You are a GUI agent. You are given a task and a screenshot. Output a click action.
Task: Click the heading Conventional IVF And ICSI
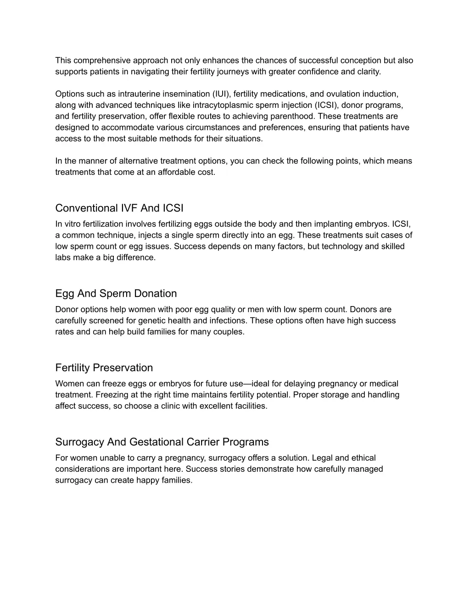(119, 208)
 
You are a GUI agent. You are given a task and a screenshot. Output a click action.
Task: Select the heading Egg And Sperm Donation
(116, 294)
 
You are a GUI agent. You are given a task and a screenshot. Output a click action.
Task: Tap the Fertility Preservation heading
(104, 368)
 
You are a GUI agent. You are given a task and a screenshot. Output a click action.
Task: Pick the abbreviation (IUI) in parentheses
(222, 94)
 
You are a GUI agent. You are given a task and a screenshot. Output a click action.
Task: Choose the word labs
(63, 258)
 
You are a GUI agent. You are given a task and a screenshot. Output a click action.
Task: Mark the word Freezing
(112, 395)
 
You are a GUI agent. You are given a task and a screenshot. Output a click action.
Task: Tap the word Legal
(322, 458)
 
